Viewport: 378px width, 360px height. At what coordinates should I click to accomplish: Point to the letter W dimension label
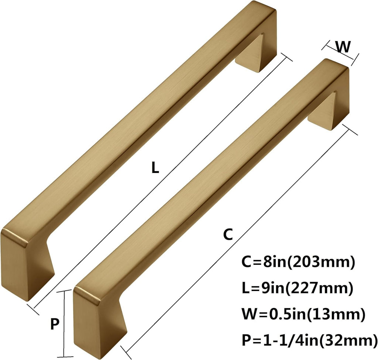tap(343, 47)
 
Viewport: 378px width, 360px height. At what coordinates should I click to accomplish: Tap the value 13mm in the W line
tap(337, 314)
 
